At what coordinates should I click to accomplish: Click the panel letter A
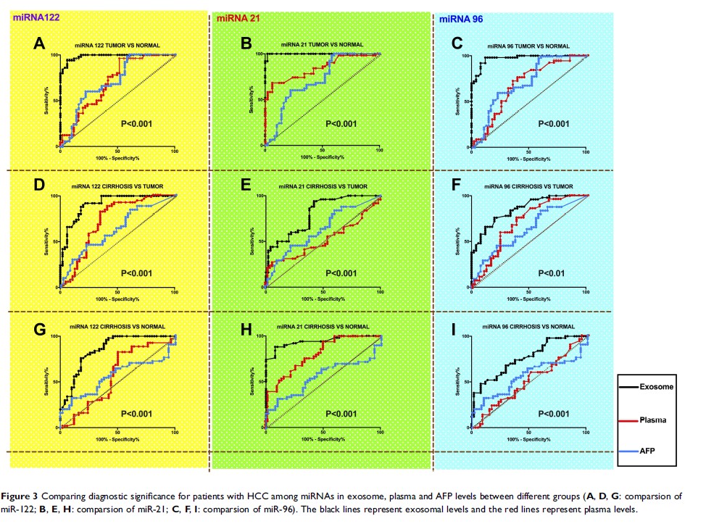[x=41, y=44]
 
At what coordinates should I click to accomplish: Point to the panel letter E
[x=246, y=185]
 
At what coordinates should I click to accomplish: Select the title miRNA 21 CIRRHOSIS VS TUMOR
[x=321, y=186]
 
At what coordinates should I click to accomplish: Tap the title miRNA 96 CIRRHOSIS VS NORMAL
[x=528, y=327]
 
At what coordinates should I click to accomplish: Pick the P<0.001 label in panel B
[x=341, y=124]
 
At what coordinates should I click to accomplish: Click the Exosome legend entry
[x=656, y=387]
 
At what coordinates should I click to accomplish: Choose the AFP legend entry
[x=648, y=451]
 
